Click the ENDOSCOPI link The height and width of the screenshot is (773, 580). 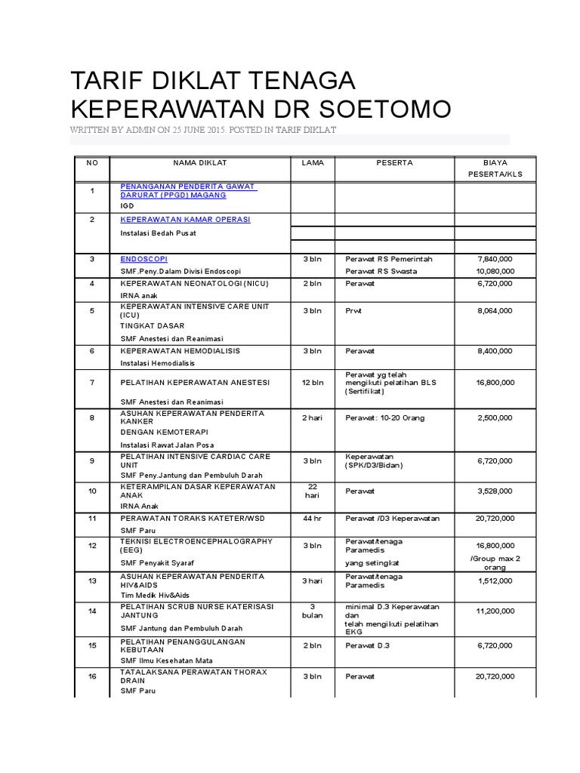point(139,259)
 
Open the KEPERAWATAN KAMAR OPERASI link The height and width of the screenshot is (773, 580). point(185,220)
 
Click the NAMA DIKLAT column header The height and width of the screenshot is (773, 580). point(200,162)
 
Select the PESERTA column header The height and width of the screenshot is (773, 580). point(394,162)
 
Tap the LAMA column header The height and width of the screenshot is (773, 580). point(313,162)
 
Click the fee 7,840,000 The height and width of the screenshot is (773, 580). point(495,259)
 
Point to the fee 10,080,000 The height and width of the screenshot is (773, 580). point(495,271)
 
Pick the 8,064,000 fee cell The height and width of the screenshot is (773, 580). point(495,310)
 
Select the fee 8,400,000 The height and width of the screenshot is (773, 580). point(495,351)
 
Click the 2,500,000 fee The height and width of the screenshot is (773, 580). point(495,417)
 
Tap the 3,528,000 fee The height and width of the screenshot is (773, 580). point(495,491)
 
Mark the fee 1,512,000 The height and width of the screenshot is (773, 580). point(495,581)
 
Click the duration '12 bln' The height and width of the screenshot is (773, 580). point(313,383)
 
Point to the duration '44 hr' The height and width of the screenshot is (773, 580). point(313,519)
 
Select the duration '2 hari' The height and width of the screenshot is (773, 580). point(313,417)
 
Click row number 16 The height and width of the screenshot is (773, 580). point(92,677)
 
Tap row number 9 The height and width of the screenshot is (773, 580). point(92,460)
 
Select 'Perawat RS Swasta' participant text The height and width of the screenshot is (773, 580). point(381,271)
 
